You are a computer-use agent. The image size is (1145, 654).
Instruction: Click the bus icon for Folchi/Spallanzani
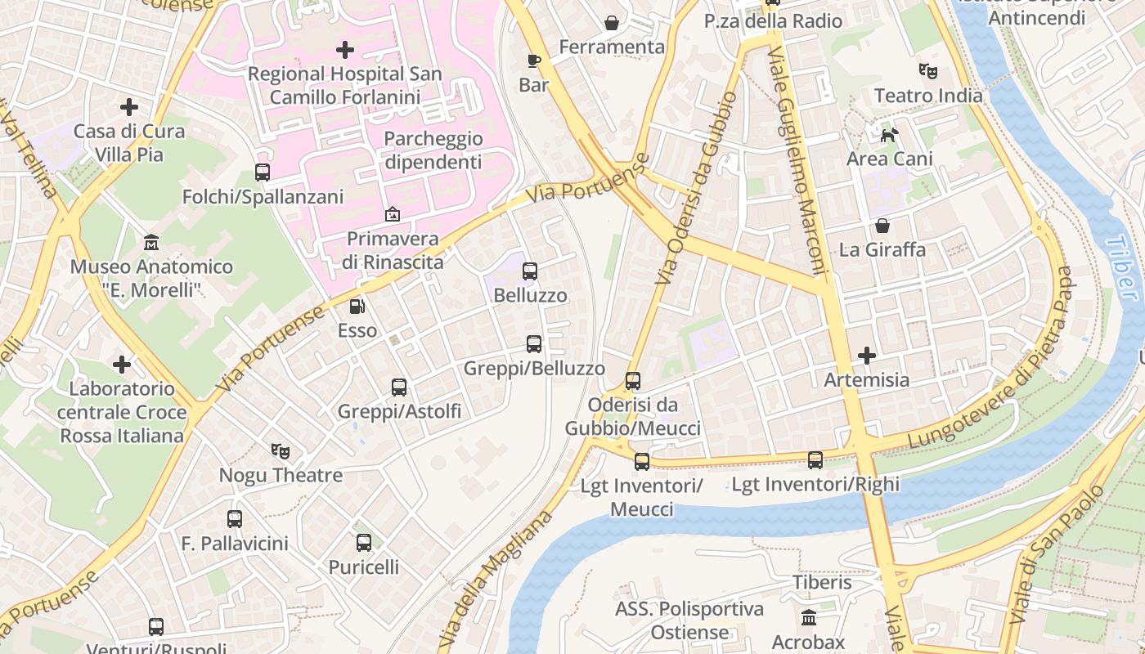pyautogui.click(x=263, y=172)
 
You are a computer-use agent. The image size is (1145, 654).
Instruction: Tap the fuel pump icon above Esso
pyautogui.click(x=357, y=307)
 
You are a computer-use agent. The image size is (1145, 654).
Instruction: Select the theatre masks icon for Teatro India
pyautogui.click(x=927, y=71)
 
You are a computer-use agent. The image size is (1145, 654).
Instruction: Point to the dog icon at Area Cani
pyautogui.click(x=889, y=133)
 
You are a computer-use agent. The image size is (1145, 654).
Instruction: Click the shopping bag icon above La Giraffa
pyautogui.click(x=882, y=226)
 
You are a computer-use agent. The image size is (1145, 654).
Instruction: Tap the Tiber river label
pyautogui.click(x=1121, y=268)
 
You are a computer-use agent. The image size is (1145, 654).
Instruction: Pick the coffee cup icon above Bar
pyautogui.click(x=533, y=60)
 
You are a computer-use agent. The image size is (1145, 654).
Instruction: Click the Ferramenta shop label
pyautogui.click(x=612, y=47)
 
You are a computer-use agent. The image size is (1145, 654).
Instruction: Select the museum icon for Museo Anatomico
pyautogui.click(x=151, y=243)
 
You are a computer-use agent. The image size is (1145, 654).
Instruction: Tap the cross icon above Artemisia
pyautogui.click(x=867, y=356)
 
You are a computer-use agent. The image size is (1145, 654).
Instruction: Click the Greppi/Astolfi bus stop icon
pyautogui.click(x=399, y=387)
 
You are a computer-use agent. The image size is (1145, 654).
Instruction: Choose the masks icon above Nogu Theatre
pyautogui.click(x=281, y=450)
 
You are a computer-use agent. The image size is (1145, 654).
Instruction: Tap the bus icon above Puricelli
pyautogui.click(x=364, y=542)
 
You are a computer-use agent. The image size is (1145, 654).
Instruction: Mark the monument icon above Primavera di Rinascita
pyautogui.click(x=393, y=214)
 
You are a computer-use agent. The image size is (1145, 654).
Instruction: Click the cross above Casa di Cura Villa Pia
pyautogui.click(x=129, y=107)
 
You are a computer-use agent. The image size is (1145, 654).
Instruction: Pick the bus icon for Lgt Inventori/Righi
pyautogui.click(x=815, y=460)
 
